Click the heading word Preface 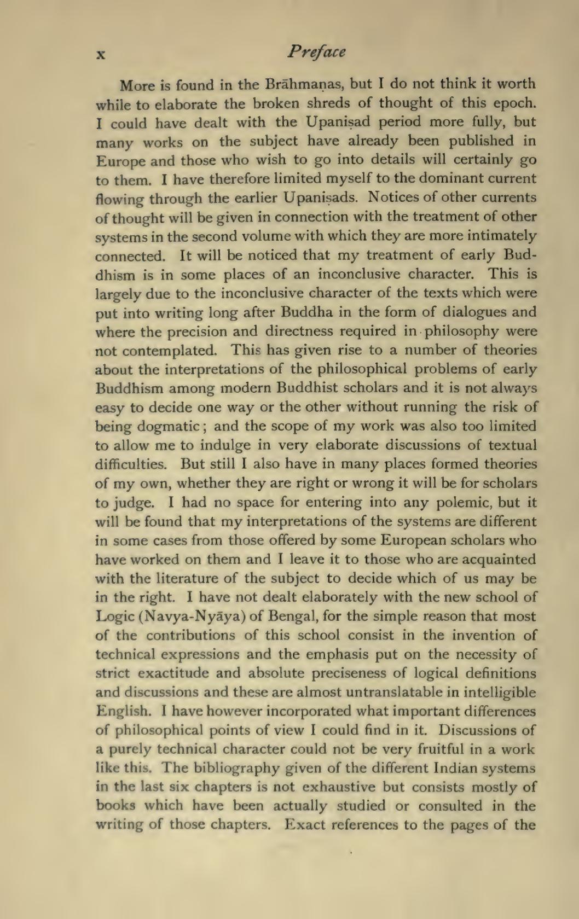[x=317, y=52]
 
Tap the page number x [x=101, y=54]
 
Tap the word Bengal [x=292, y=617]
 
